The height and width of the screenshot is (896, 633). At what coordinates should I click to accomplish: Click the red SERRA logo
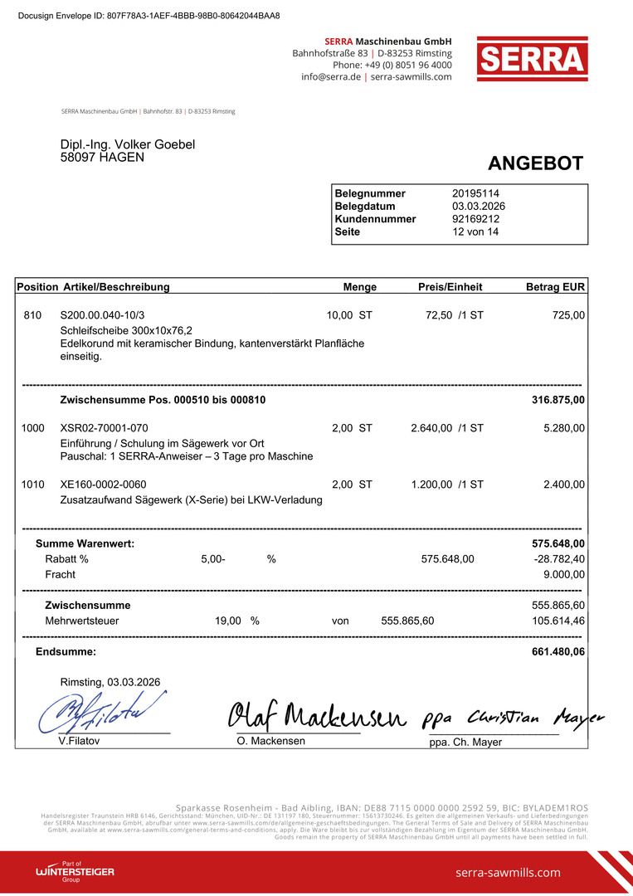[x=532, y=59]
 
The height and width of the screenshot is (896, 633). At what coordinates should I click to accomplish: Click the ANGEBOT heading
[x=535, y=163]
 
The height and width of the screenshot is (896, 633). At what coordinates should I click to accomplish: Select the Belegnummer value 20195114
[x=475, y=193]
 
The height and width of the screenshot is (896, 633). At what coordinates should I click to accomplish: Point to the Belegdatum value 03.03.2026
[x=479, y=207]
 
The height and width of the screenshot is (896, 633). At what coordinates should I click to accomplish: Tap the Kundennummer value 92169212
[x=475, y=219]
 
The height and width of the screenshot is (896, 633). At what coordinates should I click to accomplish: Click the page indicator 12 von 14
[x=475, y=232]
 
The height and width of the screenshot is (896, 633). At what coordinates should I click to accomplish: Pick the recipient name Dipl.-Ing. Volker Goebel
[x=128, y=144]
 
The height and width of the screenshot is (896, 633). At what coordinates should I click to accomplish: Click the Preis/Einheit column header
[x=450, y=287]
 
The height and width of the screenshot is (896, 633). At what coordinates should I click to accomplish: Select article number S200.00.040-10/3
[x=102, y=315]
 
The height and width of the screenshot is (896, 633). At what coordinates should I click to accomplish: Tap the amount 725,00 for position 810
[x=568, y=315]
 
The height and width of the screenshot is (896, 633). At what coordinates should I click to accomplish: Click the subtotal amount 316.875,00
[x=558, y=400]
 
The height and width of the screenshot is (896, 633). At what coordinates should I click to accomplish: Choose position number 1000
[x=33, y=428]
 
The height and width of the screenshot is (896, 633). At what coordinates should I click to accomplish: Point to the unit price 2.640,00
[x=431, y=428]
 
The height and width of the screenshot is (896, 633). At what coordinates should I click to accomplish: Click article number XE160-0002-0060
[x=104, y=485]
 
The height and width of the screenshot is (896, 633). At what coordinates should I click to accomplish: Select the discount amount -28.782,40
[x=560, y=559]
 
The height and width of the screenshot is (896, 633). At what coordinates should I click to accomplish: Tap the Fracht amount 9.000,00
[x=564, y=574]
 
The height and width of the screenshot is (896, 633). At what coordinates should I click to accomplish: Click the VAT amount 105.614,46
[x=558, y=621]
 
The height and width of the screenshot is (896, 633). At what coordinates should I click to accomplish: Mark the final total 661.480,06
[x=558, y=652]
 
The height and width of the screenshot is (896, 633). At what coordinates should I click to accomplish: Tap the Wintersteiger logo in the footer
[x=75, y=872]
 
